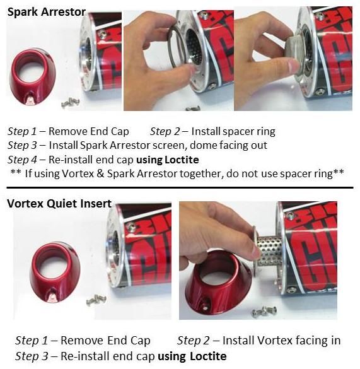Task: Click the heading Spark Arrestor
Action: point(47,12)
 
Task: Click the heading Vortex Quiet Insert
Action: point(59,203)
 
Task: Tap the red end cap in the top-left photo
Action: point(33,77)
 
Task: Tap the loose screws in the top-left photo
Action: point(71,103)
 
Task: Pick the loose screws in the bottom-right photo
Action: point(264,311)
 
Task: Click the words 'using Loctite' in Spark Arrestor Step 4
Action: point(168,160)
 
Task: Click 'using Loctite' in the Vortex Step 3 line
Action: point(192,356)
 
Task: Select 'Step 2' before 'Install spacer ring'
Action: point(165,131)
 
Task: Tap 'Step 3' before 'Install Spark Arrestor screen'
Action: point(22,145)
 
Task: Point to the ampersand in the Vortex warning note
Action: point(100,173)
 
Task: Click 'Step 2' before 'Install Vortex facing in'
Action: point(193,340)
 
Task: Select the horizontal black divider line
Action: point(180,187)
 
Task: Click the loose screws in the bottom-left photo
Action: point(96,300)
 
